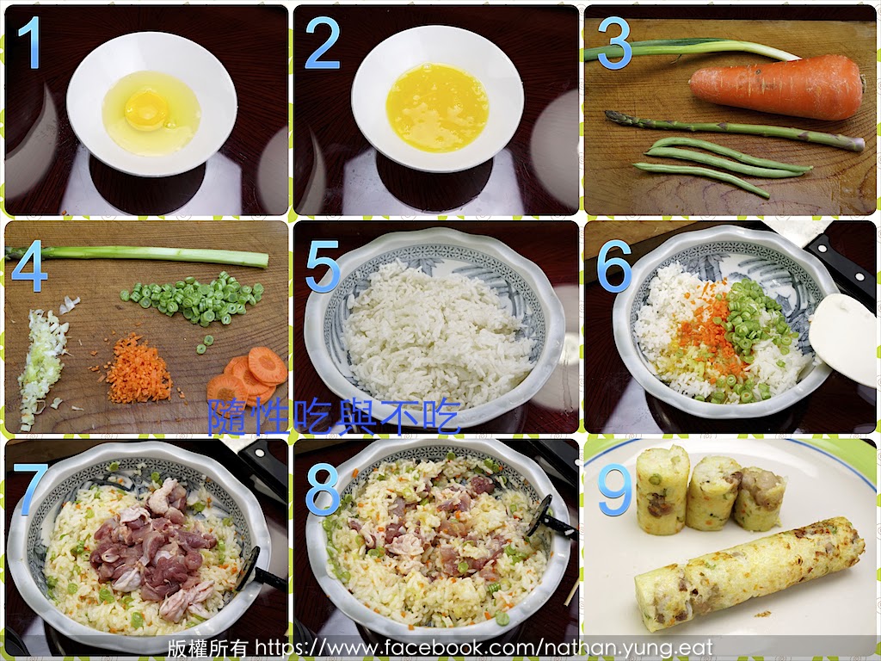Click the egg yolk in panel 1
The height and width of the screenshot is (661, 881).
tap(146, 109)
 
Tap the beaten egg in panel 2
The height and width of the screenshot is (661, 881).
tap(437, 107)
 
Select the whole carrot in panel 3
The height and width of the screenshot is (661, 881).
tap(777, 87)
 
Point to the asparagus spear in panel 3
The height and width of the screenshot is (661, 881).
tap(734, 131)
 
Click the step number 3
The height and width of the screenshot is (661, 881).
tap(613, 43)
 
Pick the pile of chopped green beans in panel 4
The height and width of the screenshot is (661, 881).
tap(194, 299)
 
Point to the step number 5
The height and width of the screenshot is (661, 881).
tap(323, 266)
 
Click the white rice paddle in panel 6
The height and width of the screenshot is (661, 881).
tap(844, 337)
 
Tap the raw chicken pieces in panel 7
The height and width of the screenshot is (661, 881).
tap(153, 548)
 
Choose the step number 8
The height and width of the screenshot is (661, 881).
tap(323, 489)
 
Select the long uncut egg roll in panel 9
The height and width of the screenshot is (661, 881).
tap(750, 573)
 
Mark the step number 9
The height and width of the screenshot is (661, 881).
tap(614, 489)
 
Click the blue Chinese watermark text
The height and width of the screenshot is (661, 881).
tap(335, 417)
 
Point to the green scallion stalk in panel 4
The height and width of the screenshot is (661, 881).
tap(138, 256)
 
